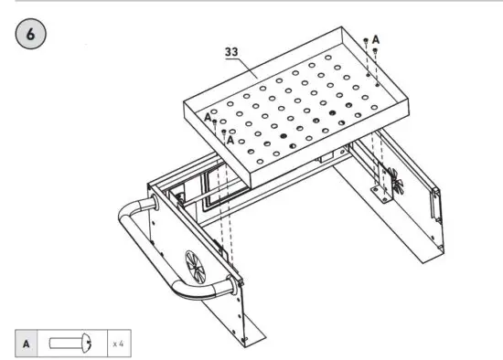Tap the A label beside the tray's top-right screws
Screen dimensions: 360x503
tap(376, 38)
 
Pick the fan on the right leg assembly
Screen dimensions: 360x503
tap(396, 182)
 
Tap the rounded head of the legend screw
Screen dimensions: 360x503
tap(88, 344)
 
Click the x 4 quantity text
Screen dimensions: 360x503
tap(118, 344)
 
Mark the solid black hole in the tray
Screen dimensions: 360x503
tap(284, 137)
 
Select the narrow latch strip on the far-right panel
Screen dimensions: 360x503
tap(436, 205)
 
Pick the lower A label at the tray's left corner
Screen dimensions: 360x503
tap(229, 140)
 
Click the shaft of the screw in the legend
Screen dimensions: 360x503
tap(65, 344)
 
